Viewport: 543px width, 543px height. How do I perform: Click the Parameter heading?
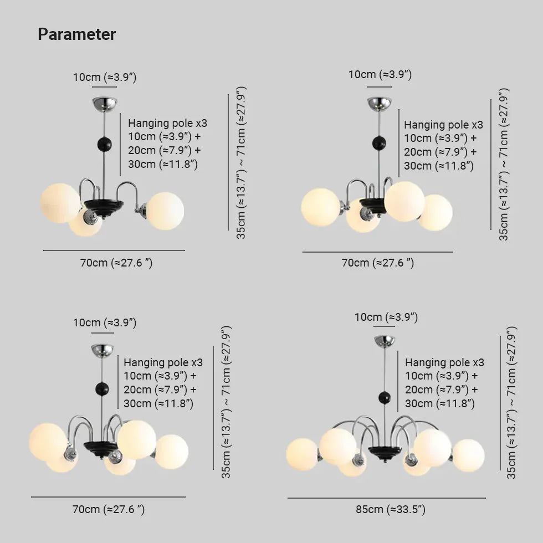tap(76, 34)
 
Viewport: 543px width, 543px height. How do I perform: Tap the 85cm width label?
tap(391, 509)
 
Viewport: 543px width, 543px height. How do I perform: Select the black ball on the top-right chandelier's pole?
tap(380, 143)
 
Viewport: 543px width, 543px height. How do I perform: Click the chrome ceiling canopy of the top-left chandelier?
tap(105, 103)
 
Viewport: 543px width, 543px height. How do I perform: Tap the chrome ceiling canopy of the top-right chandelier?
tap(380, 103)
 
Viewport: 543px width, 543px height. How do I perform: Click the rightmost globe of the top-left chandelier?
tap(165, 211)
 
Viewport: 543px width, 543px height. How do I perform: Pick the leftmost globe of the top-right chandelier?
tap(320, 207)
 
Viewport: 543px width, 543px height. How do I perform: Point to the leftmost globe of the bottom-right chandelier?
tap(303, 454)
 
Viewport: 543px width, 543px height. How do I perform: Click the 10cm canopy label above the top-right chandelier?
tap(380, 74)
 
